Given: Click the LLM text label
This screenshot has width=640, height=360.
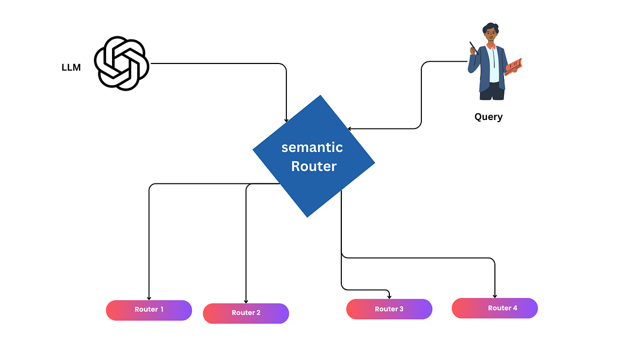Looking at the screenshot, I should point(71,68).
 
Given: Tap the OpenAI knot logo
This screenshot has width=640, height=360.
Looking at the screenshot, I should point(121,63).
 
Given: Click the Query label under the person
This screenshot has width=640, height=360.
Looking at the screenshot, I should point(488,117).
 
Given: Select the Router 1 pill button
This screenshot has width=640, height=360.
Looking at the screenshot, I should point(149,310).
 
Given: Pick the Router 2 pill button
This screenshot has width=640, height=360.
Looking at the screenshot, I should point(246,313).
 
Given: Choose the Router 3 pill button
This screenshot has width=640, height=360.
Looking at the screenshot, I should point(389,309).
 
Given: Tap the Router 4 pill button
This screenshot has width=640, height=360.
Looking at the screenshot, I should point(494,308).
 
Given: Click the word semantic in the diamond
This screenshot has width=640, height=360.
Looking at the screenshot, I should point(312,147).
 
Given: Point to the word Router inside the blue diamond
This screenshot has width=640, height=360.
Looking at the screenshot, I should point(314,166).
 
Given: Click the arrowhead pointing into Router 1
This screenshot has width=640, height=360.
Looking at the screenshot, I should point(149,297).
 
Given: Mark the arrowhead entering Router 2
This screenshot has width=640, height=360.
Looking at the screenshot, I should point(246,300).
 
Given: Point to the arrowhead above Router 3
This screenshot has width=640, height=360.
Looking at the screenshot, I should point(390,296).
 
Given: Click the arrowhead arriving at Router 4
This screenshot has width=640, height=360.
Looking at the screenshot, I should point(495,295).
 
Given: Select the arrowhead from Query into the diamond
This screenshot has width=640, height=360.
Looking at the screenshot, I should point(350,129).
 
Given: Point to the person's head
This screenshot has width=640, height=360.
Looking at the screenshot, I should point(489,33).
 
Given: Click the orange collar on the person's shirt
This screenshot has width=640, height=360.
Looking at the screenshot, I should point(491,46).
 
